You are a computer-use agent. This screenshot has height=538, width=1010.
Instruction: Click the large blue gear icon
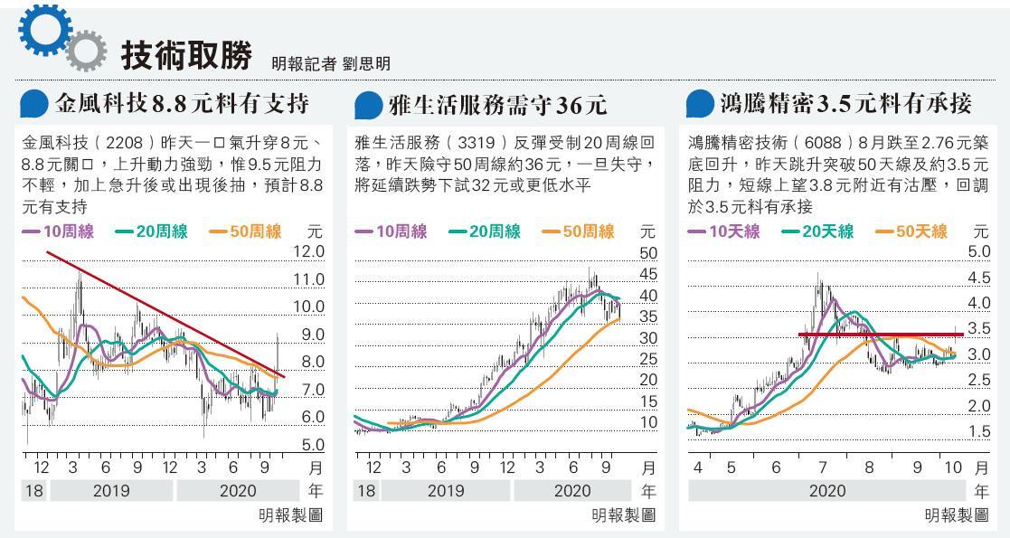click(42, 32)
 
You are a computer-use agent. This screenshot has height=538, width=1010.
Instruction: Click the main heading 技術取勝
click(186, 56)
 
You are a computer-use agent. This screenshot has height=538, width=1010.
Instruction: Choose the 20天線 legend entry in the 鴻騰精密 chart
click(817, 232)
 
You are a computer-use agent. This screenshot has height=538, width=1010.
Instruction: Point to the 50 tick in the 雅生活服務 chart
click(648, 253)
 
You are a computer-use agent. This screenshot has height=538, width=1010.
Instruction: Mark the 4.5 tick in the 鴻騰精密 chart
click(978, 278)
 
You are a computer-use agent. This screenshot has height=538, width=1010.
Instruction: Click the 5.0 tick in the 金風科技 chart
click(309, 445)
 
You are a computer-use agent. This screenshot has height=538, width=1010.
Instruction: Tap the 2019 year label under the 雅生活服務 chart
click(445, 492)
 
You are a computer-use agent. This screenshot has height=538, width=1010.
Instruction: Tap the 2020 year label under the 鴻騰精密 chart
click(827, 492)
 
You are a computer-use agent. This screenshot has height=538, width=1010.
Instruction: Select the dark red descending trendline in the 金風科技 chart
click(163, 313)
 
